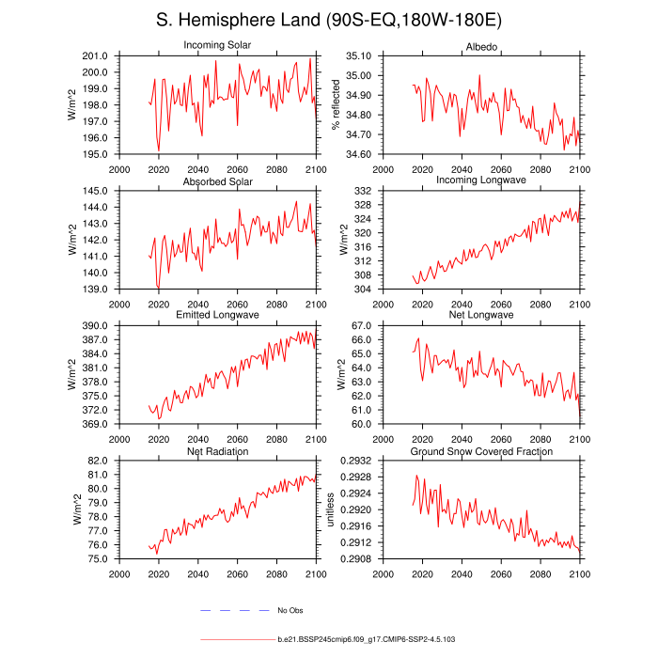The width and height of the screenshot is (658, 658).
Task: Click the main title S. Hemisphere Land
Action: (329, 21)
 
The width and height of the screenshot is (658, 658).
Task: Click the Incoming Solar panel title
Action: (217, 45)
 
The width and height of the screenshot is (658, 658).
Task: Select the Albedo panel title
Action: (480, 47)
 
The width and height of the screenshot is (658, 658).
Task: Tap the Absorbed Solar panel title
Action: (217, 180)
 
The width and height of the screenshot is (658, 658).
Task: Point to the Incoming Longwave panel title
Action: (480, 180)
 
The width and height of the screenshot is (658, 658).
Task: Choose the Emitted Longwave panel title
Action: (217, 315)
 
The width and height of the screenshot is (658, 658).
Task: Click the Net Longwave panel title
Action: (480, 315)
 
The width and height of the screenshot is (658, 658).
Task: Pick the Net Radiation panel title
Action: (217, 451)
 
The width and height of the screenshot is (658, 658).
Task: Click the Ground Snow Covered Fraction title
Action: (480, 451)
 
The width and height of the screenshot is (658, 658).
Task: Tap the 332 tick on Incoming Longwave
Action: (368, 191)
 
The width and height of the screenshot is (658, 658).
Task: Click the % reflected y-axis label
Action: (336, 104)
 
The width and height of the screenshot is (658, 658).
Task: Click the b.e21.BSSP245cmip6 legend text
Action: (366, 639)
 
